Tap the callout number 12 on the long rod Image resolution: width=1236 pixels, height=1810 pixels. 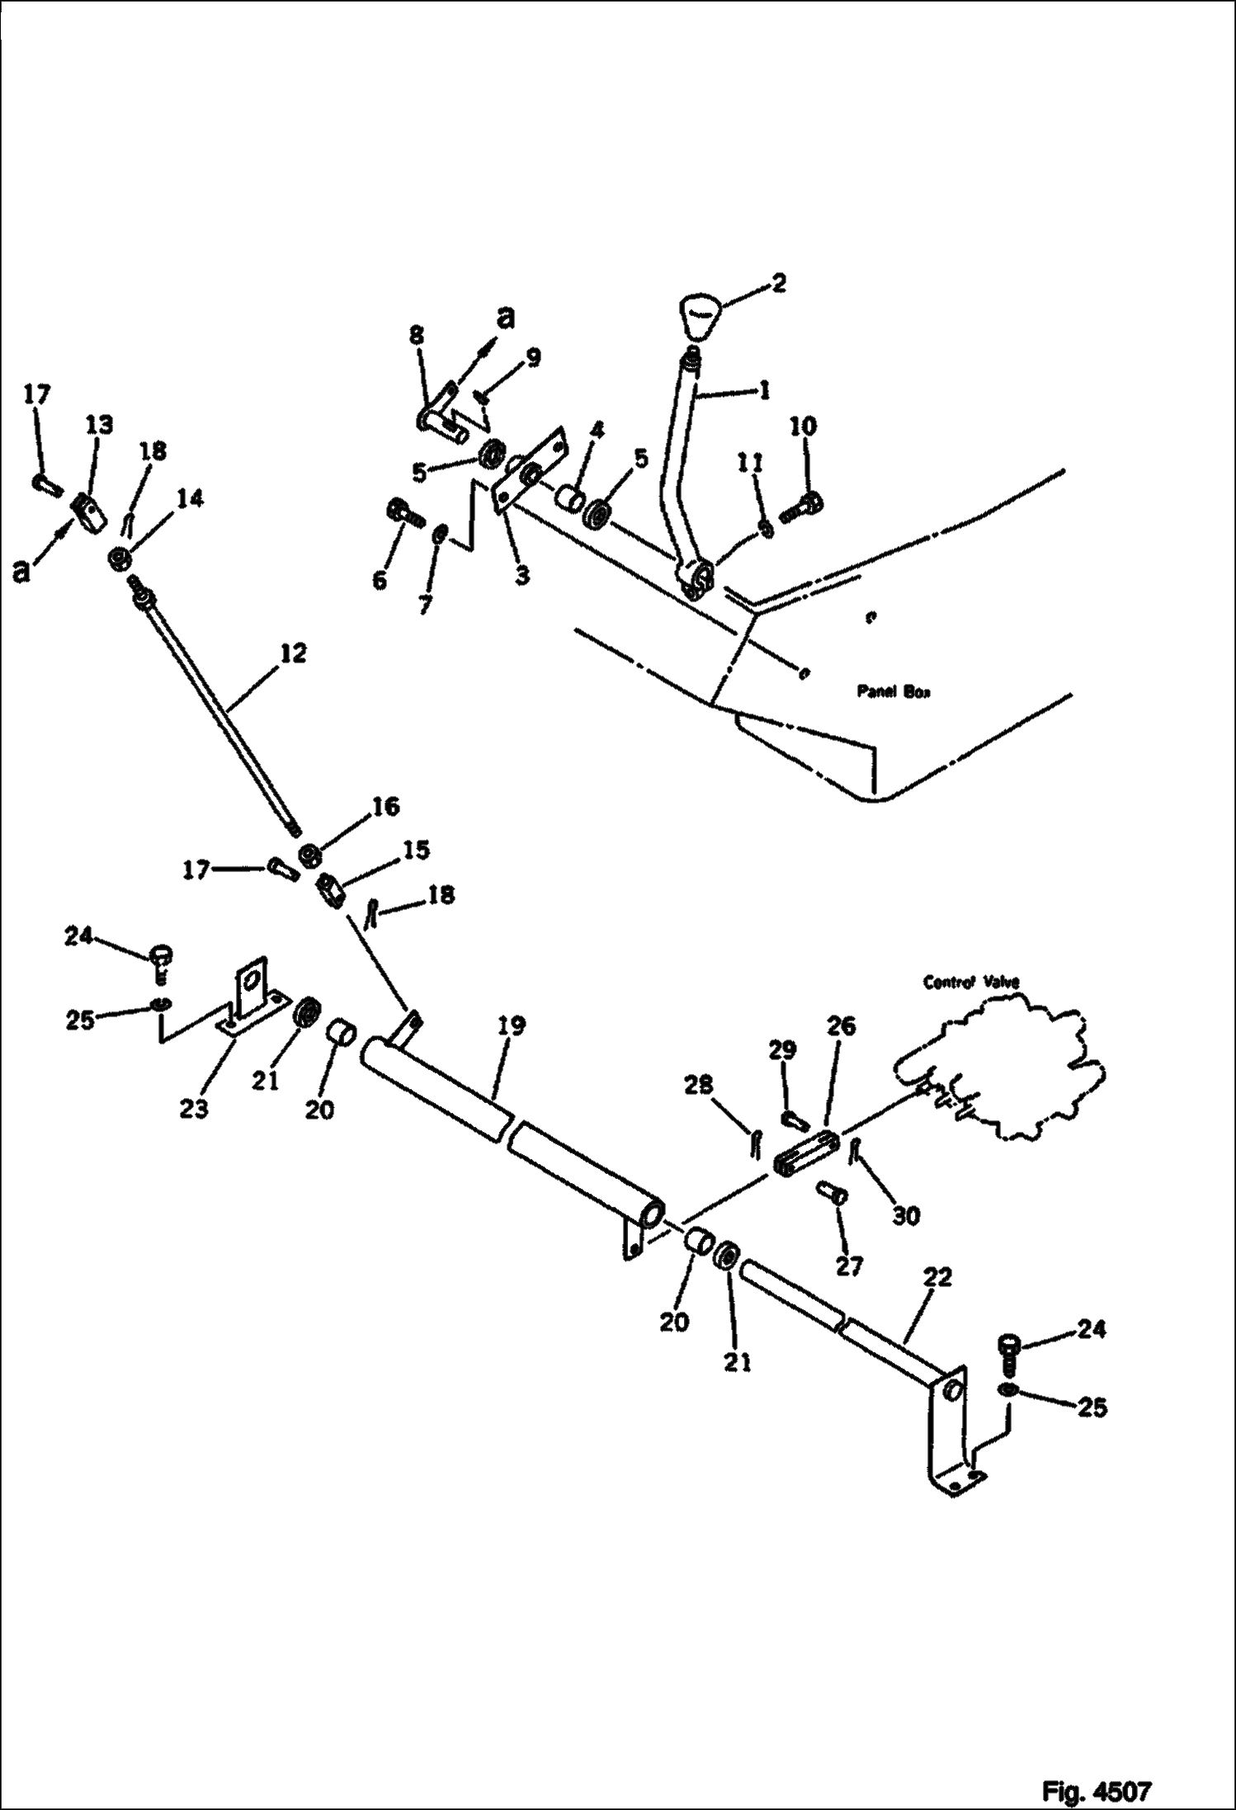click(x=293, y=653)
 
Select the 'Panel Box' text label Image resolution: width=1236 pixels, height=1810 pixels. click(x=892, y=693)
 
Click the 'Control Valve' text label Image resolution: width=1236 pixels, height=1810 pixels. click(x=971, y=983)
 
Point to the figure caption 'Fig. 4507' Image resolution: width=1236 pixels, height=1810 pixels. click(x=1096, y=1785)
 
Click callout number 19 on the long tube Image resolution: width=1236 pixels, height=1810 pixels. click(x=512, y=1026)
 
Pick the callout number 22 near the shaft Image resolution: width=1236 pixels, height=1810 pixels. click(x=938, y=1278)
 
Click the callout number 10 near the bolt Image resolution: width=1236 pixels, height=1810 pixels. click(x=804, y=427)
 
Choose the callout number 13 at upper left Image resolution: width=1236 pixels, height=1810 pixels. click(x=99, y=425)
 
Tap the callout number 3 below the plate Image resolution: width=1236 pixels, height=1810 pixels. click(x=521, y=576)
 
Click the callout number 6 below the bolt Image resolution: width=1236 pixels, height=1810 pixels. click(x=379, y=581)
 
